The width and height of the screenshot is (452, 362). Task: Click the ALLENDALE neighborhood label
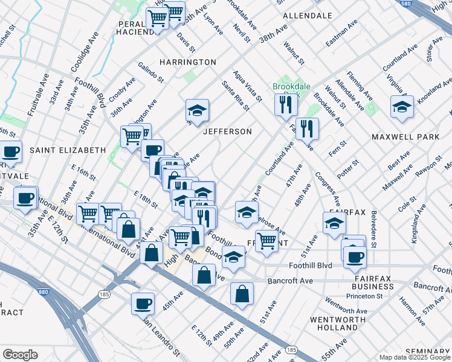308,15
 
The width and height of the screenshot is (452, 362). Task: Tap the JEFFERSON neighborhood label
227,132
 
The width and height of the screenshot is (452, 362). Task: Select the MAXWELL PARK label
405,137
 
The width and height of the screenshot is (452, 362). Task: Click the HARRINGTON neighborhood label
187,62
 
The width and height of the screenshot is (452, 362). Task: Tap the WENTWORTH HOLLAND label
334,323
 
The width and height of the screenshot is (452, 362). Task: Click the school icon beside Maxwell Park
402,107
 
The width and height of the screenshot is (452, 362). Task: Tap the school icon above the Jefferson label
197,110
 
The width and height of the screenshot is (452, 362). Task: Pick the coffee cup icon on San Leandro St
143,303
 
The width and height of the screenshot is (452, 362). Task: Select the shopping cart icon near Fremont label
266,240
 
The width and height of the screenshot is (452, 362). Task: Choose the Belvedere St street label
373,229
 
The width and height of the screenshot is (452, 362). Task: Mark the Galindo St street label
151,72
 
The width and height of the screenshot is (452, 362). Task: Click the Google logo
21,355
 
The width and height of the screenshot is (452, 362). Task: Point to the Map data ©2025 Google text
414,357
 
